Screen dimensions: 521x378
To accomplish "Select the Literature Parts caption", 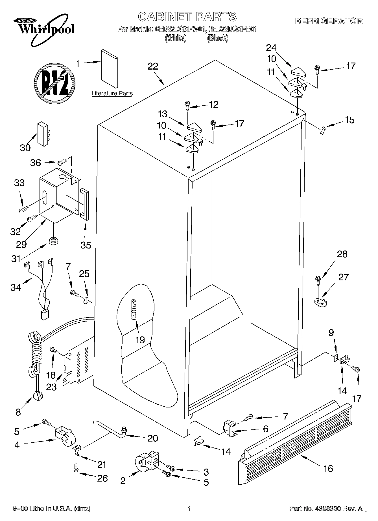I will tap(112, 94).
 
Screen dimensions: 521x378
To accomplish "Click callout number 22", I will tap(153, 67).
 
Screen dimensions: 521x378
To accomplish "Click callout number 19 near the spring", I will tap(140, 340).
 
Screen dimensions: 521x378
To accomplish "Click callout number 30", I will tap(25, 148).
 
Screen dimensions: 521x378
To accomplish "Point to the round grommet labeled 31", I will tap(53, 241).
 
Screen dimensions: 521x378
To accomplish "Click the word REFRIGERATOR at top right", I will tap(329, 21).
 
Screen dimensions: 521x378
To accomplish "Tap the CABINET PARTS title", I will tap(187, 17).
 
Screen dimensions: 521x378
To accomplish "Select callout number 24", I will tap(271, 48).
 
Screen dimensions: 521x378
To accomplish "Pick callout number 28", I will tap(342, 254).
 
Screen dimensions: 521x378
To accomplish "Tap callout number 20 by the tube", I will tap(152, 438).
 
